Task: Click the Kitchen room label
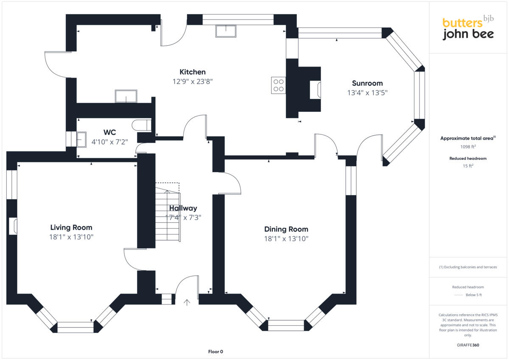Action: click(x=192, y=72)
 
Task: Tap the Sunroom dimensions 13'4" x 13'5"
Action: click(x=367, y=92)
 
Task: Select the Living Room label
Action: click(x=71, y=228)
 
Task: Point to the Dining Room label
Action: click(x=286, y=229)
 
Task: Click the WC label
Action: click(x=109, y=131)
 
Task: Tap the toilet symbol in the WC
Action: click(x=142, y=125)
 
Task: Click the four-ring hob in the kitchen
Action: click(x=279, y=85)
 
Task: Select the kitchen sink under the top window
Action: click(x=226, y=31)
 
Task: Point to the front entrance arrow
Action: click(x=187, y=302)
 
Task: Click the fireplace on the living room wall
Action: click(x=14, y=226)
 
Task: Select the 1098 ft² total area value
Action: click(x=468, y=147)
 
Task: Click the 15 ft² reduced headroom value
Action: click(x=468, y=166)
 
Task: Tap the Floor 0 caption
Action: click(x=215, y=352)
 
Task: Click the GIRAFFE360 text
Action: click(x=468, y=345)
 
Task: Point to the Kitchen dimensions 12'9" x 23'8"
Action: click(x=192, y=81)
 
